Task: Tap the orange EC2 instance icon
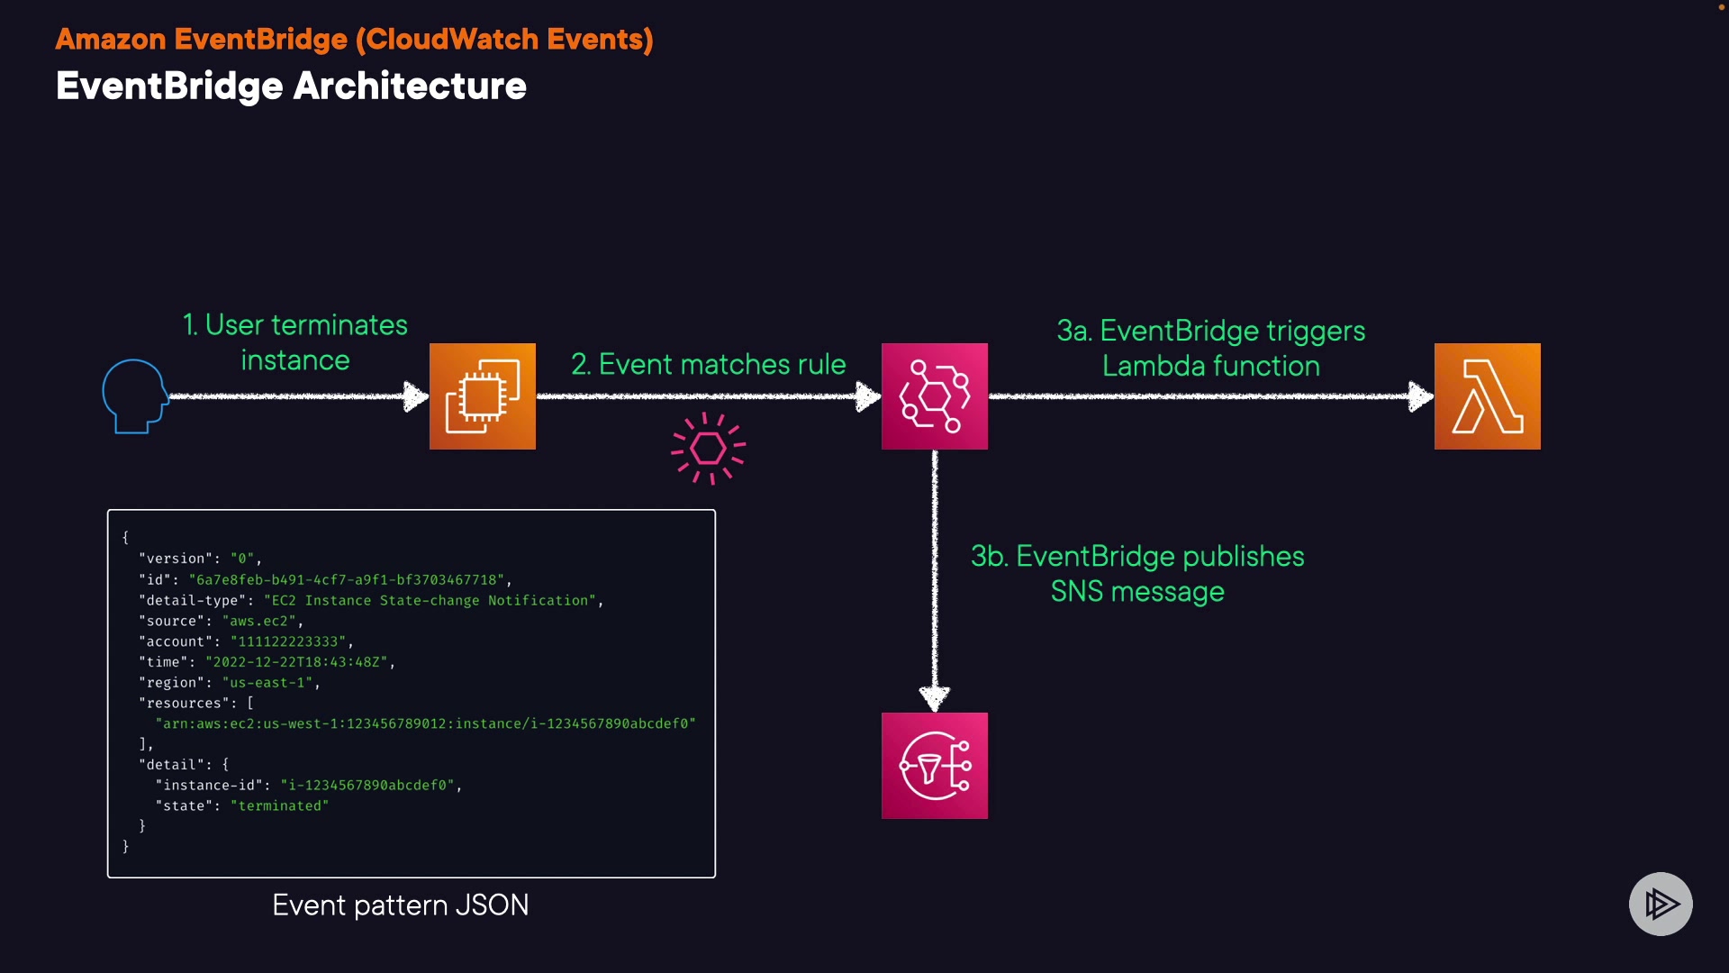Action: pos(483,396)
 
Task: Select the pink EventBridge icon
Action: pos(935,396)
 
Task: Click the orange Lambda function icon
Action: pos(1488,396)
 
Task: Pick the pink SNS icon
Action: pos(935,766)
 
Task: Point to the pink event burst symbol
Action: pos(709,448)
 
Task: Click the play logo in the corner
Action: pos(1661,904)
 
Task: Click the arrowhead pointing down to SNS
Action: pos(935,696)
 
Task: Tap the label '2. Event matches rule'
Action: pos(709,364)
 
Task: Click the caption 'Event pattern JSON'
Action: pos(401,905)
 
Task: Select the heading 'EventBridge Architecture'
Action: pos(291,86)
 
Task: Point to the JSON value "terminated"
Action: pos(279,805)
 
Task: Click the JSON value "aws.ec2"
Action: pos(258,621)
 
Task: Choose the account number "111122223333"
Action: pos(288,641)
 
